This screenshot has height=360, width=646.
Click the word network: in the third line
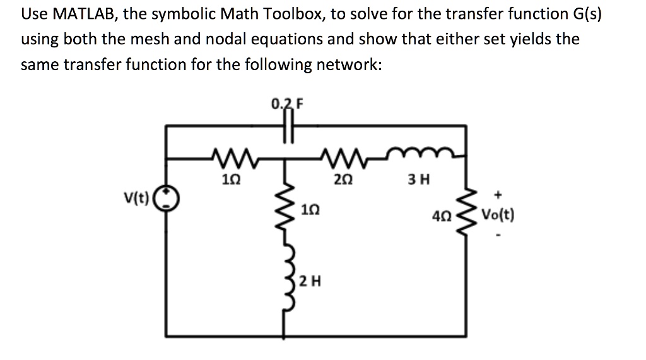pyautogui.click(x=348, y=65)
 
